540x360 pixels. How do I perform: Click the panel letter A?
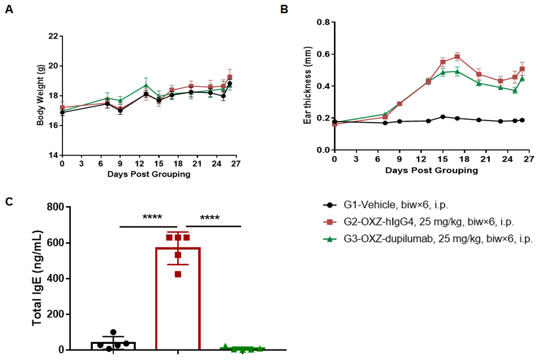pos(8,10)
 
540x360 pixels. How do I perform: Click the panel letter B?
pos(284,9)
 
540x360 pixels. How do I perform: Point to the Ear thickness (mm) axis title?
pos(308,86)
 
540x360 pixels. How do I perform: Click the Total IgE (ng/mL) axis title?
pos(38,278)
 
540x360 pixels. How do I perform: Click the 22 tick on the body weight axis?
pos(53,37)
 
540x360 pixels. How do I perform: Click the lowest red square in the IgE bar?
pos(178,274)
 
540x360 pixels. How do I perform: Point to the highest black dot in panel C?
pos(113,332)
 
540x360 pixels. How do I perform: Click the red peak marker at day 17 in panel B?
pos(457,57)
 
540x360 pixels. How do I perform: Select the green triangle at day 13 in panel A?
pos(146,85)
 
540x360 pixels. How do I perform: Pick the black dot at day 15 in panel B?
pos(443,117)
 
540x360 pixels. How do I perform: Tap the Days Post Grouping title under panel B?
pos(431,170)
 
